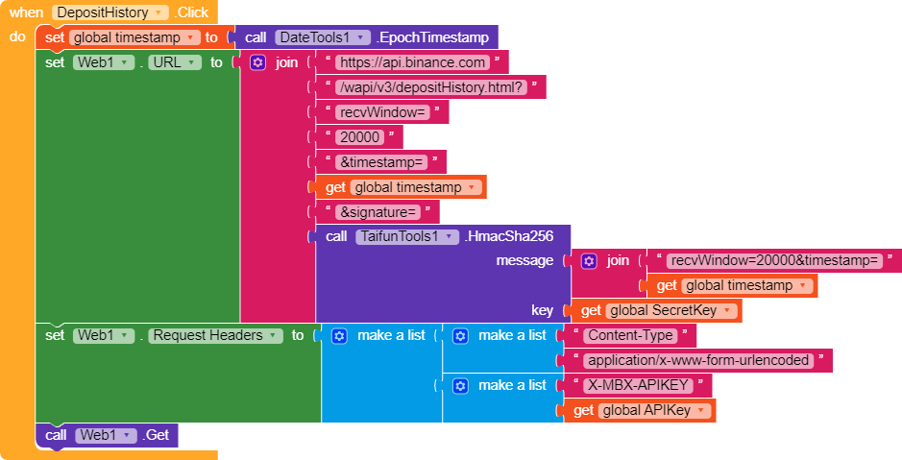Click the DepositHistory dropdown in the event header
[x=110, y=12]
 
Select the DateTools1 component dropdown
[x=322, y=37]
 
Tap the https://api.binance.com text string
[x=412, y=62]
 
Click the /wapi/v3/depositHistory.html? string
[x=431, y=87]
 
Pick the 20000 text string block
[x=359, y=137]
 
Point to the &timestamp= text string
[x=381, y=162]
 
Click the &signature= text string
[x=378, y=212]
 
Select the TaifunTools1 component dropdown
[x=406, y=236]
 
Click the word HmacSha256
[x=510, y=236]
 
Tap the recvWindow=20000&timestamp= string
[x=774, y=260]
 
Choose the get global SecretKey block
[x=653, y=310]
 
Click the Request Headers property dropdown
[x=215, y=335]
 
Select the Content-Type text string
[x=630, y=335]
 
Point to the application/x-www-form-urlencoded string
[x=698, y=360]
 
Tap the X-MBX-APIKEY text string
[x=638, y=385]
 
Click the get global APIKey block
[x=639, y=411]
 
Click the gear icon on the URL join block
[x=257, y=62]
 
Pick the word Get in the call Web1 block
[x=158, y=435]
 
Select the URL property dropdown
[x=175, y=62]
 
